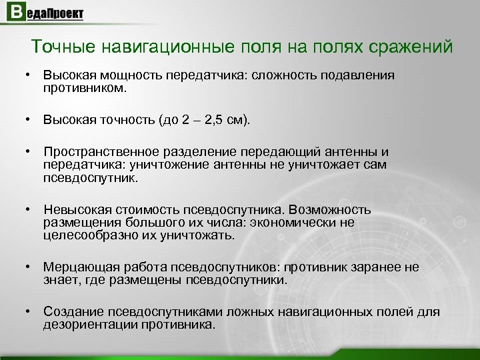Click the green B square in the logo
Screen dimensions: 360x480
pos(13,13)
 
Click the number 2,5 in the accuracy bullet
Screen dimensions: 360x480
pos(207,121)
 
